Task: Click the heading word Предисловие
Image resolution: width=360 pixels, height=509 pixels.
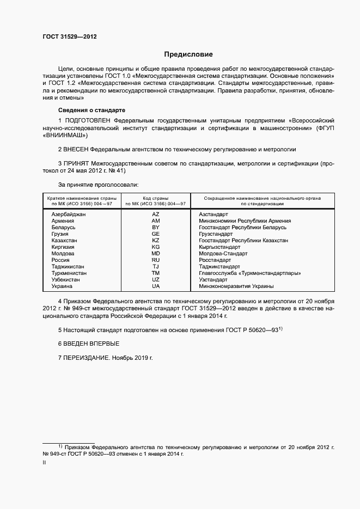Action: tap(188, 54)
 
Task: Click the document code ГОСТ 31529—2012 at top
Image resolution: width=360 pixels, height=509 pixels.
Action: tap(70, 36)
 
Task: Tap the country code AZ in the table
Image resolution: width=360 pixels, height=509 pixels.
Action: tap(156, 214)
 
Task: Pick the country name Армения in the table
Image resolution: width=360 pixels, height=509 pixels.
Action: tap(63, 221)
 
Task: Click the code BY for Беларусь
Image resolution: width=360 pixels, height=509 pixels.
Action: tap(156, 228)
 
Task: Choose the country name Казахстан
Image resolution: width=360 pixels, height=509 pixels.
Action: tap(64, 241)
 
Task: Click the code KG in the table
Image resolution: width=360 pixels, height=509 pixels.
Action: tap(156, 247)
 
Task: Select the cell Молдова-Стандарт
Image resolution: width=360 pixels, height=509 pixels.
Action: tap(223, 254)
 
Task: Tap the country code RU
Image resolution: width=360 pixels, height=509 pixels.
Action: tap(156, 260)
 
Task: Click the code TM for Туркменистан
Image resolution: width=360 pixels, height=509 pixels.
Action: tap(156, 273)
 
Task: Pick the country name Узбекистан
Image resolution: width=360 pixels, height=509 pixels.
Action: tap(65, 280)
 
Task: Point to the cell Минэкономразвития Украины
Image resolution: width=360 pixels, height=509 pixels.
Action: tap(236, 286)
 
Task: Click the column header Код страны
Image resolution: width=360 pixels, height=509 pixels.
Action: tap(156, 198)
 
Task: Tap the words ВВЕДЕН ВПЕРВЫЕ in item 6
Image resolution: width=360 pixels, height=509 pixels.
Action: tap(93, 344)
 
